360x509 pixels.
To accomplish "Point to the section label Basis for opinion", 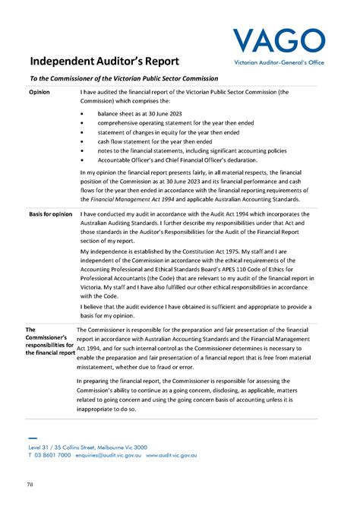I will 51,215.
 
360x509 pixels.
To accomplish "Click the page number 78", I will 30,484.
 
